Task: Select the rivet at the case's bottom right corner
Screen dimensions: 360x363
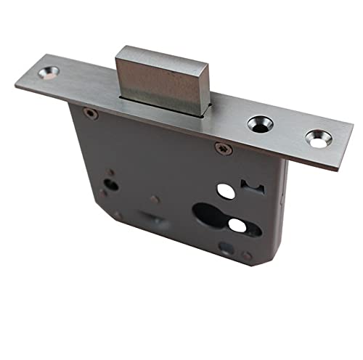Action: [x=248, y=255]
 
